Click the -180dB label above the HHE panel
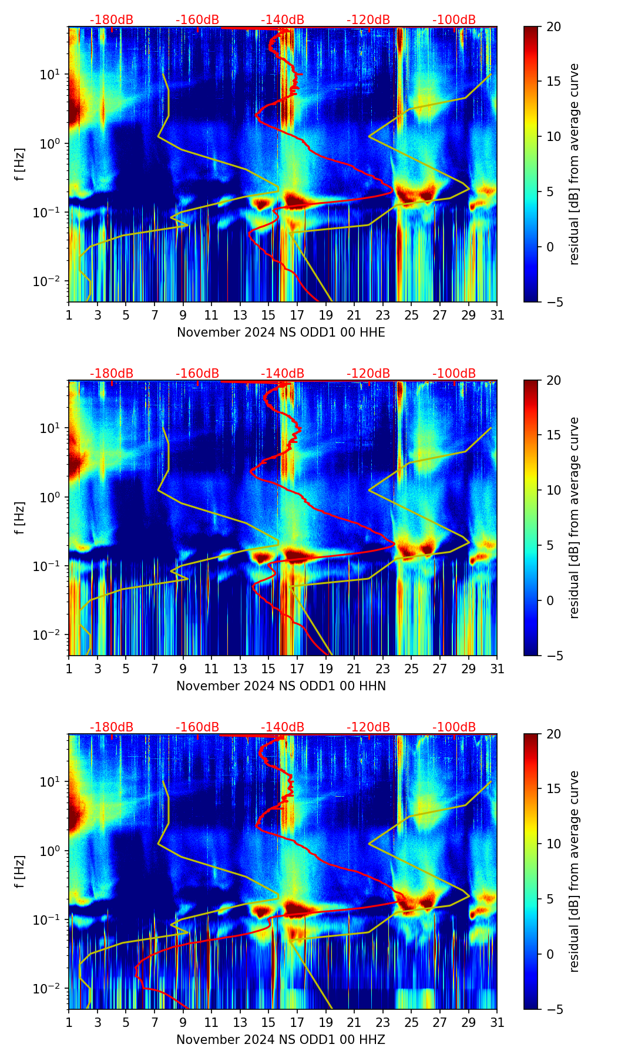112,20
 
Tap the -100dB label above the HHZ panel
454,727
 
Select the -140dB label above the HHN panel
283,374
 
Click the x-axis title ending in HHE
281,333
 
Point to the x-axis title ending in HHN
281,686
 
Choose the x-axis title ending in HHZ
281,1040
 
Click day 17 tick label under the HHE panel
297,315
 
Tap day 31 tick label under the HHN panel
497,669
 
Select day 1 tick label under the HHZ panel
69,1023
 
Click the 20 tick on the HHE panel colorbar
553,27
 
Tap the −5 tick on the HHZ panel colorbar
553,1009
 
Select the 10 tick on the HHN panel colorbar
553,490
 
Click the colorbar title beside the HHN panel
574,518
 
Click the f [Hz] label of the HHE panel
20,164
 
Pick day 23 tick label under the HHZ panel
383,1023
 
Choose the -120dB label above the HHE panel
368,20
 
